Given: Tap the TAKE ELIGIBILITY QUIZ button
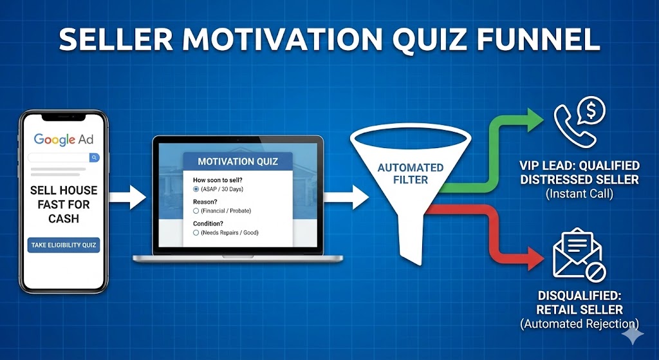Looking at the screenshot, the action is [64, 245].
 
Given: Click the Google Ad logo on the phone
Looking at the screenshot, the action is [64, 139].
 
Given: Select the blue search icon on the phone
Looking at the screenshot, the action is [95, 157].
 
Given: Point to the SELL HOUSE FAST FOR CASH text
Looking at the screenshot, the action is [64, 204].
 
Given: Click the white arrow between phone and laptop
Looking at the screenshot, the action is [127, 197].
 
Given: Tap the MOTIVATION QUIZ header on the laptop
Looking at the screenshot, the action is [237, 162].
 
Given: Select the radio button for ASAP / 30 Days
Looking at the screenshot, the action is [196, 189].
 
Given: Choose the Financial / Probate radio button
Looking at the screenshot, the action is [196, 211].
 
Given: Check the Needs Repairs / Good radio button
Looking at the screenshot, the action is [196, 232].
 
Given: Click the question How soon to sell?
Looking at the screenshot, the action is [218, 180].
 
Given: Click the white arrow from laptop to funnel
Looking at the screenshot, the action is [346, 197].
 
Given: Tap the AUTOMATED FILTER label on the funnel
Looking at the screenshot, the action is [410, 174].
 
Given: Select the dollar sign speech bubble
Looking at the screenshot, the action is [591, 111].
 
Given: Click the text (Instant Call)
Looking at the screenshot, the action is [579, 194].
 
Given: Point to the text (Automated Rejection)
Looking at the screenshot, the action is [579, 324].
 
